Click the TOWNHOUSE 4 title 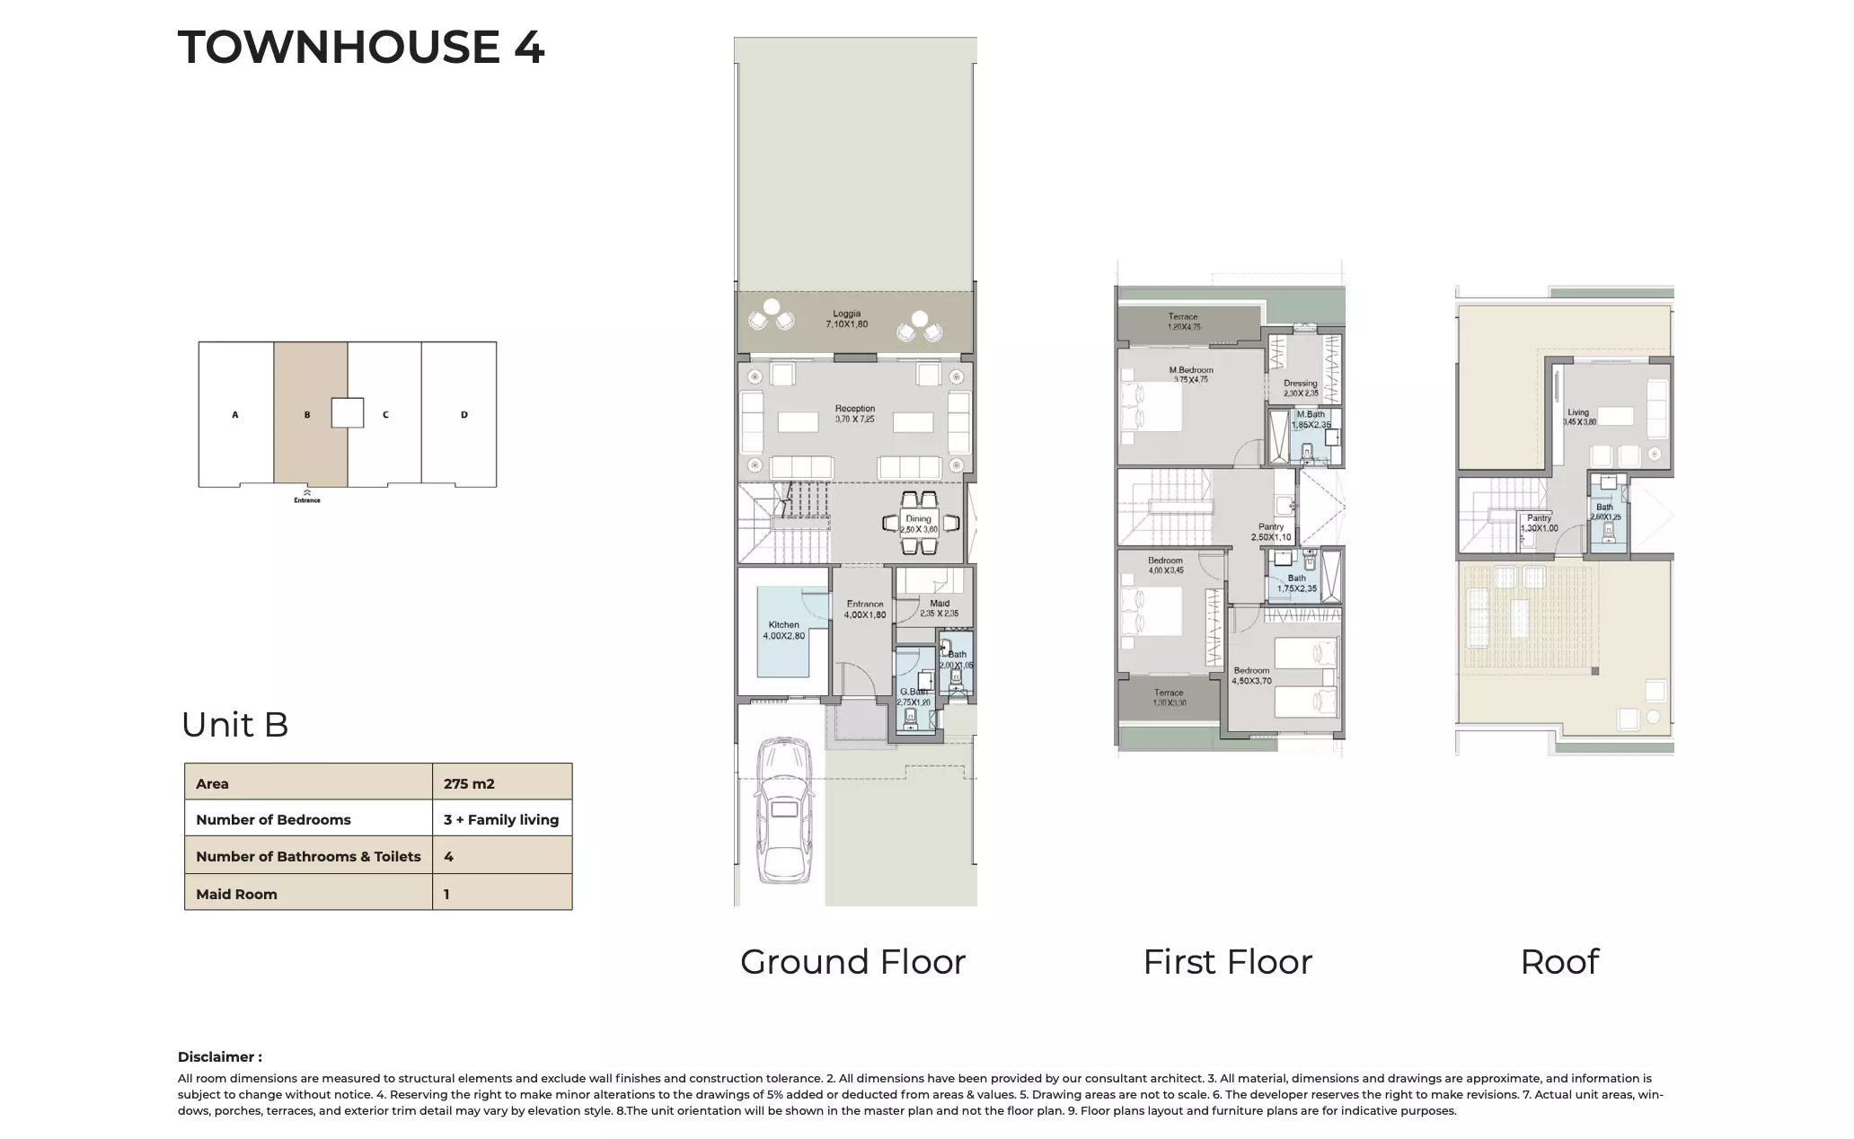(361, 47)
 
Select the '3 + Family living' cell (501, 819)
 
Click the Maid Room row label (236, 894)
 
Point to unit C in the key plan (385, 415)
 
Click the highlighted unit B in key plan (307, 415)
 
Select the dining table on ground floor (918, 525)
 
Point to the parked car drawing (783, 808)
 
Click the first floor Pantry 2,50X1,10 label (1271, 532)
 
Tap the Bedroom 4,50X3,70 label (1251, 675)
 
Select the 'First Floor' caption (1227, 962)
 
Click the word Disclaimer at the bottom (219, 1056)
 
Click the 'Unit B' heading (234, 725)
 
